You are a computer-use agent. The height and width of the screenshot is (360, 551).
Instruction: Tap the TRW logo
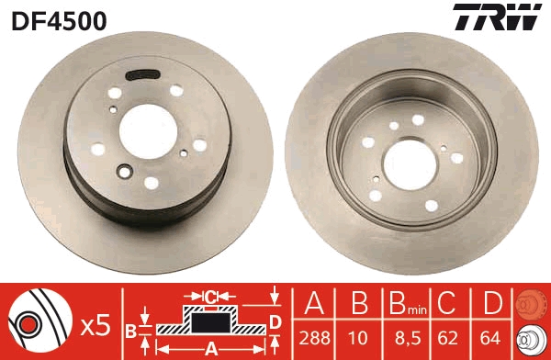[x=495, y=18]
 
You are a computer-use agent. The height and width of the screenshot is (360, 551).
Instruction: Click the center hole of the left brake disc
[x=148, y=129]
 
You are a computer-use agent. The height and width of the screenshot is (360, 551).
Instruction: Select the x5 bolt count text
[x=96, y=323]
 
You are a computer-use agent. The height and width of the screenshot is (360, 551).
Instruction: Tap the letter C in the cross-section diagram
[x=210, y=298]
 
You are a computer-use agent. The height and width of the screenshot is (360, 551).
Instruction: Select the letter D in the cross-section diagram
[x=275, y=321]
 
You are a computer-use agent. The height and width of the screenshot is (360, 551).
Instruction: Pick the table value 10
[x=360, y=336]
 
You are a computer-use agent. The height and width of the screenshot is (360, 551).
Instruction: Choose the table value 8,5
[x=402, y=336]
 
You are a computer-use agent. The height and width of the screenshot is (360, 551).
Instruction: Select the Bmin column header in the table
[x=402, y=303]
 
